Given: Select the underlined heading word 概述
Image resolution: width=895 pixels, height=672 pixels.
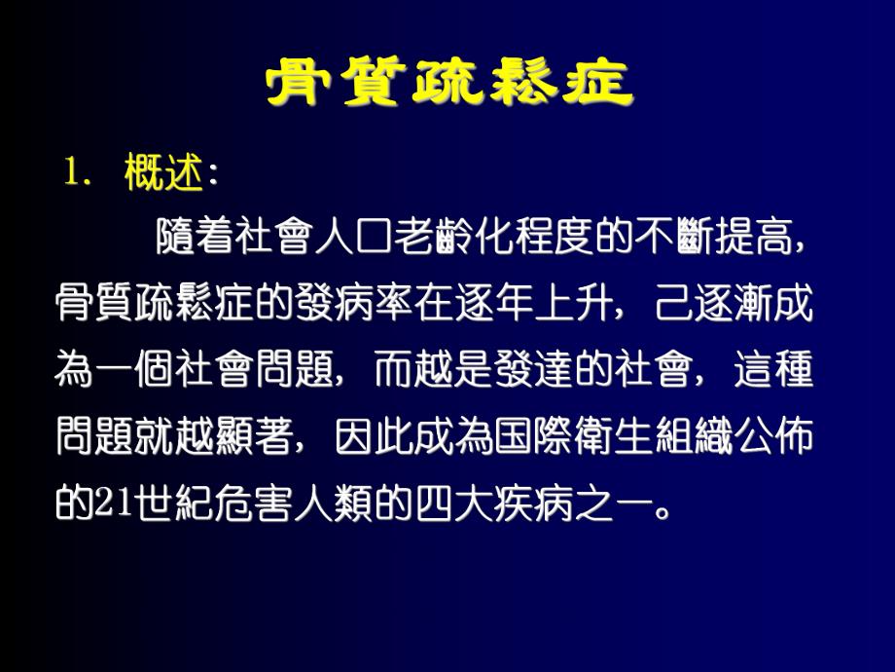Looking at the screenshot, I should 163,174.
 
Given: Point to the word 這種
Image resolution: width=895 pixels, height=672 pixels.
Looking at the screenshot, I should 775,372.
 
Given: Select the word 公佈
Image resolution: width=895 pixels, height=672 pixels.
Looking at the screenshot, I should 775,438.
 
